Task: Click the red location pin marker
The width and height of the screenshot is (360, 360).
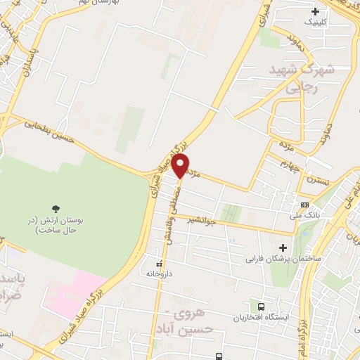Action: pos(181,166)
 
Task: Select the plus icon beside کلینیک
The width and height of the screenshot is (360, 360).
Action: pos(315,11)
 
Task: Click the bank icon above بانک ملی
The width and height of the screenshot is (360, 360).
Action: pos(304,204)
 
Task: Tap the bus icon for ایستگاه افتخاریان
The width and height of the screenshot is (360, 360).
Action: pos(262,307)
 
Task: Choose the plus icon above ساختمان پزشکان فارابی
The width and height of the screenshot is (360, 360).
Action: pos(283,247)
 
